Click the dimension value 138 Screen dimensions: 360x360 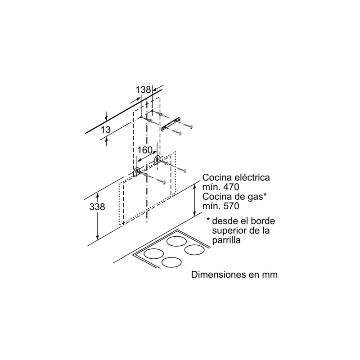[x=143, y=89]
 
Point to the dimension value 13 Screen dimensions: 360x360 [x=106, y=130]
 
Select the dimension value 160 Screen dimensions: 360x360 [x=145, y=150]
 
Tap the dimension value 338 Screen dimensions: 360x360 [x=97, y=207]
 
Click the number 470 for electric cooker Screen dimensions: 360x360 [x=231, y=187]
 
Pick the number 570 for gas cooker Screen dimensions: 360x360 [x=231, y=206]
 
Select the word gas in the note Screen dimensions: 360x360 [x=256, y=197]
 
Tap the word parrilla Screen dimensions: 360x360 [x=226, y=240]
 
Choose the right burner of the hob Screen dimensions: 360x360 [x=194, y=250]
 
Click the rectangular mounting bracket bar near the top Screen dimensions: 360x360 [x=171, y=124]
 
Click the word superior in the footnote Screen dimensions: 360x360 [x=229, y=231]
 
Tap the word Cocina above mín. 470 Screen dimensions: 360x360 [x=217, y=177]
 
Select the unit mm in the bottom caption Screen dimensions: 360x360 [x=271, y=275]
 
